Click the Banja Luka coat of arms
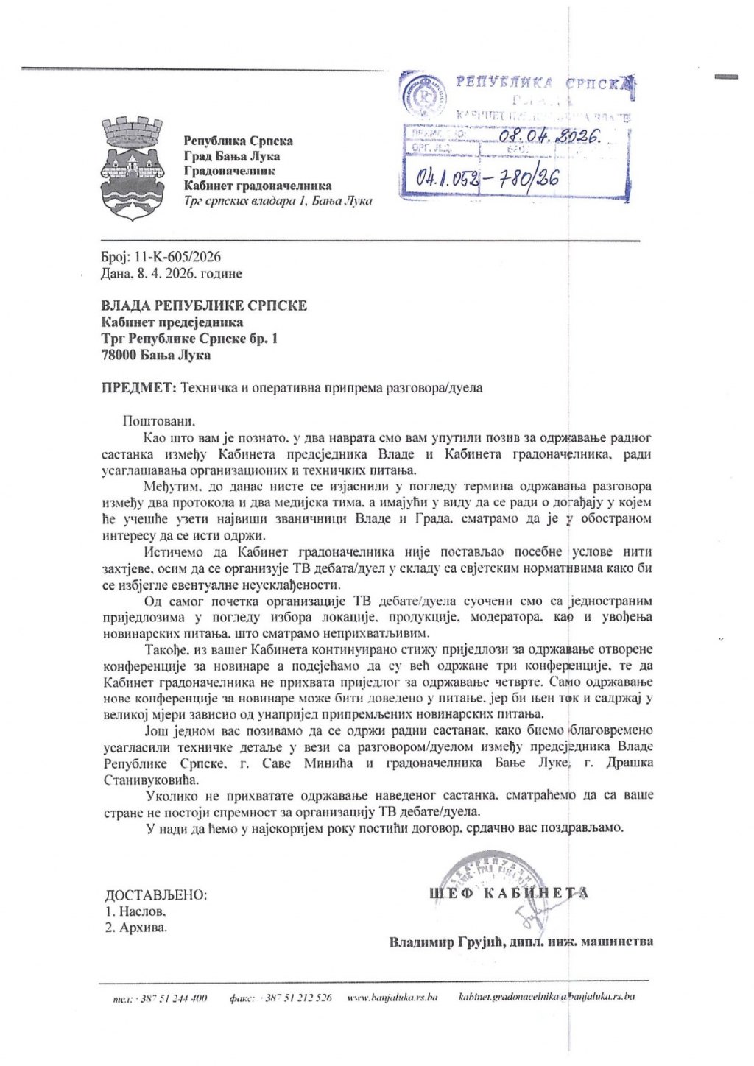pyautogui.click(x=130, y=166)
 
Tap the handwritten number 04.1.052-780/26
pyautogui.click(x=487, y=177)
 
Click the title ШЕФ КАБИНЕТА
pyautogui.click(x=509, y=894)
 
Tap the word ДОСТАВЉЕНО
pyautogui.click(x=156, y=895)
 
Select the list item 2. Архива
pyautogui.click(x=136, y=927)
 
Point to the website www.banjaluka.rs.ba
pyautogui.click(x=392, y=998)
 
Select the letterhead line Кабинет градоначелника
pyautogui.click(x=257, y=186)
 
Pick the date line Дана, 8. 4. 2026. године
pyautogui.click(x=172, y=273)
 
